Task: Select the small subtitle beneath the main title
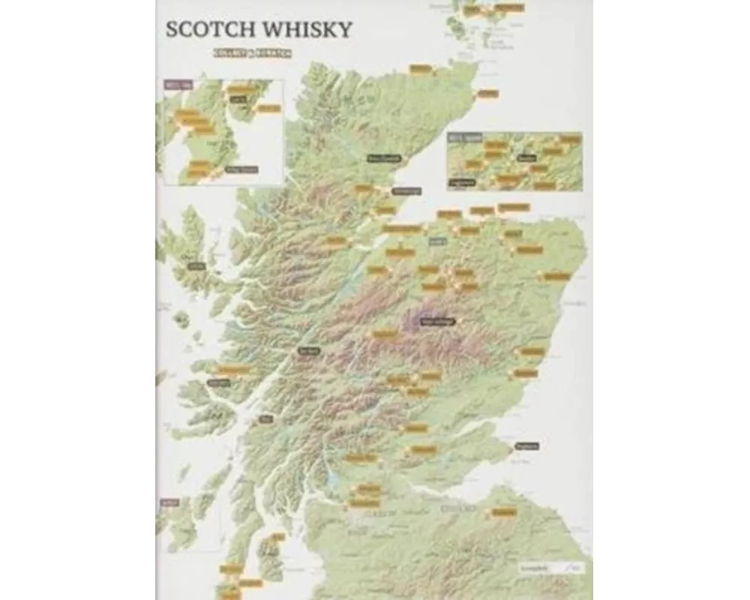(x=251, y=53)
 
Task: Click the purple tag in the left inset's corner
(x=173, y=85)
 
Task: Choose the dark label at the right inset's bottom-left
(x=463, y=181)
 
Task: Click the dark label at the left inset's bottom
(x=241, y=169)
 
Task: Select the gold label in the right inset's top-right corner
(x=571, y=139)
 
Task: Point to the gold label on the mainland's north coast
(x=420, y=69)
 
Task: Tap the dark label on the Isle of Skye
(x=196, y=265)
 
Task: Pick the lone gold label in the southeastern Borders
(x=504, y=512)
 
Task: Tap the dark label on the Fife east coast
(x=528, y=446)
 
